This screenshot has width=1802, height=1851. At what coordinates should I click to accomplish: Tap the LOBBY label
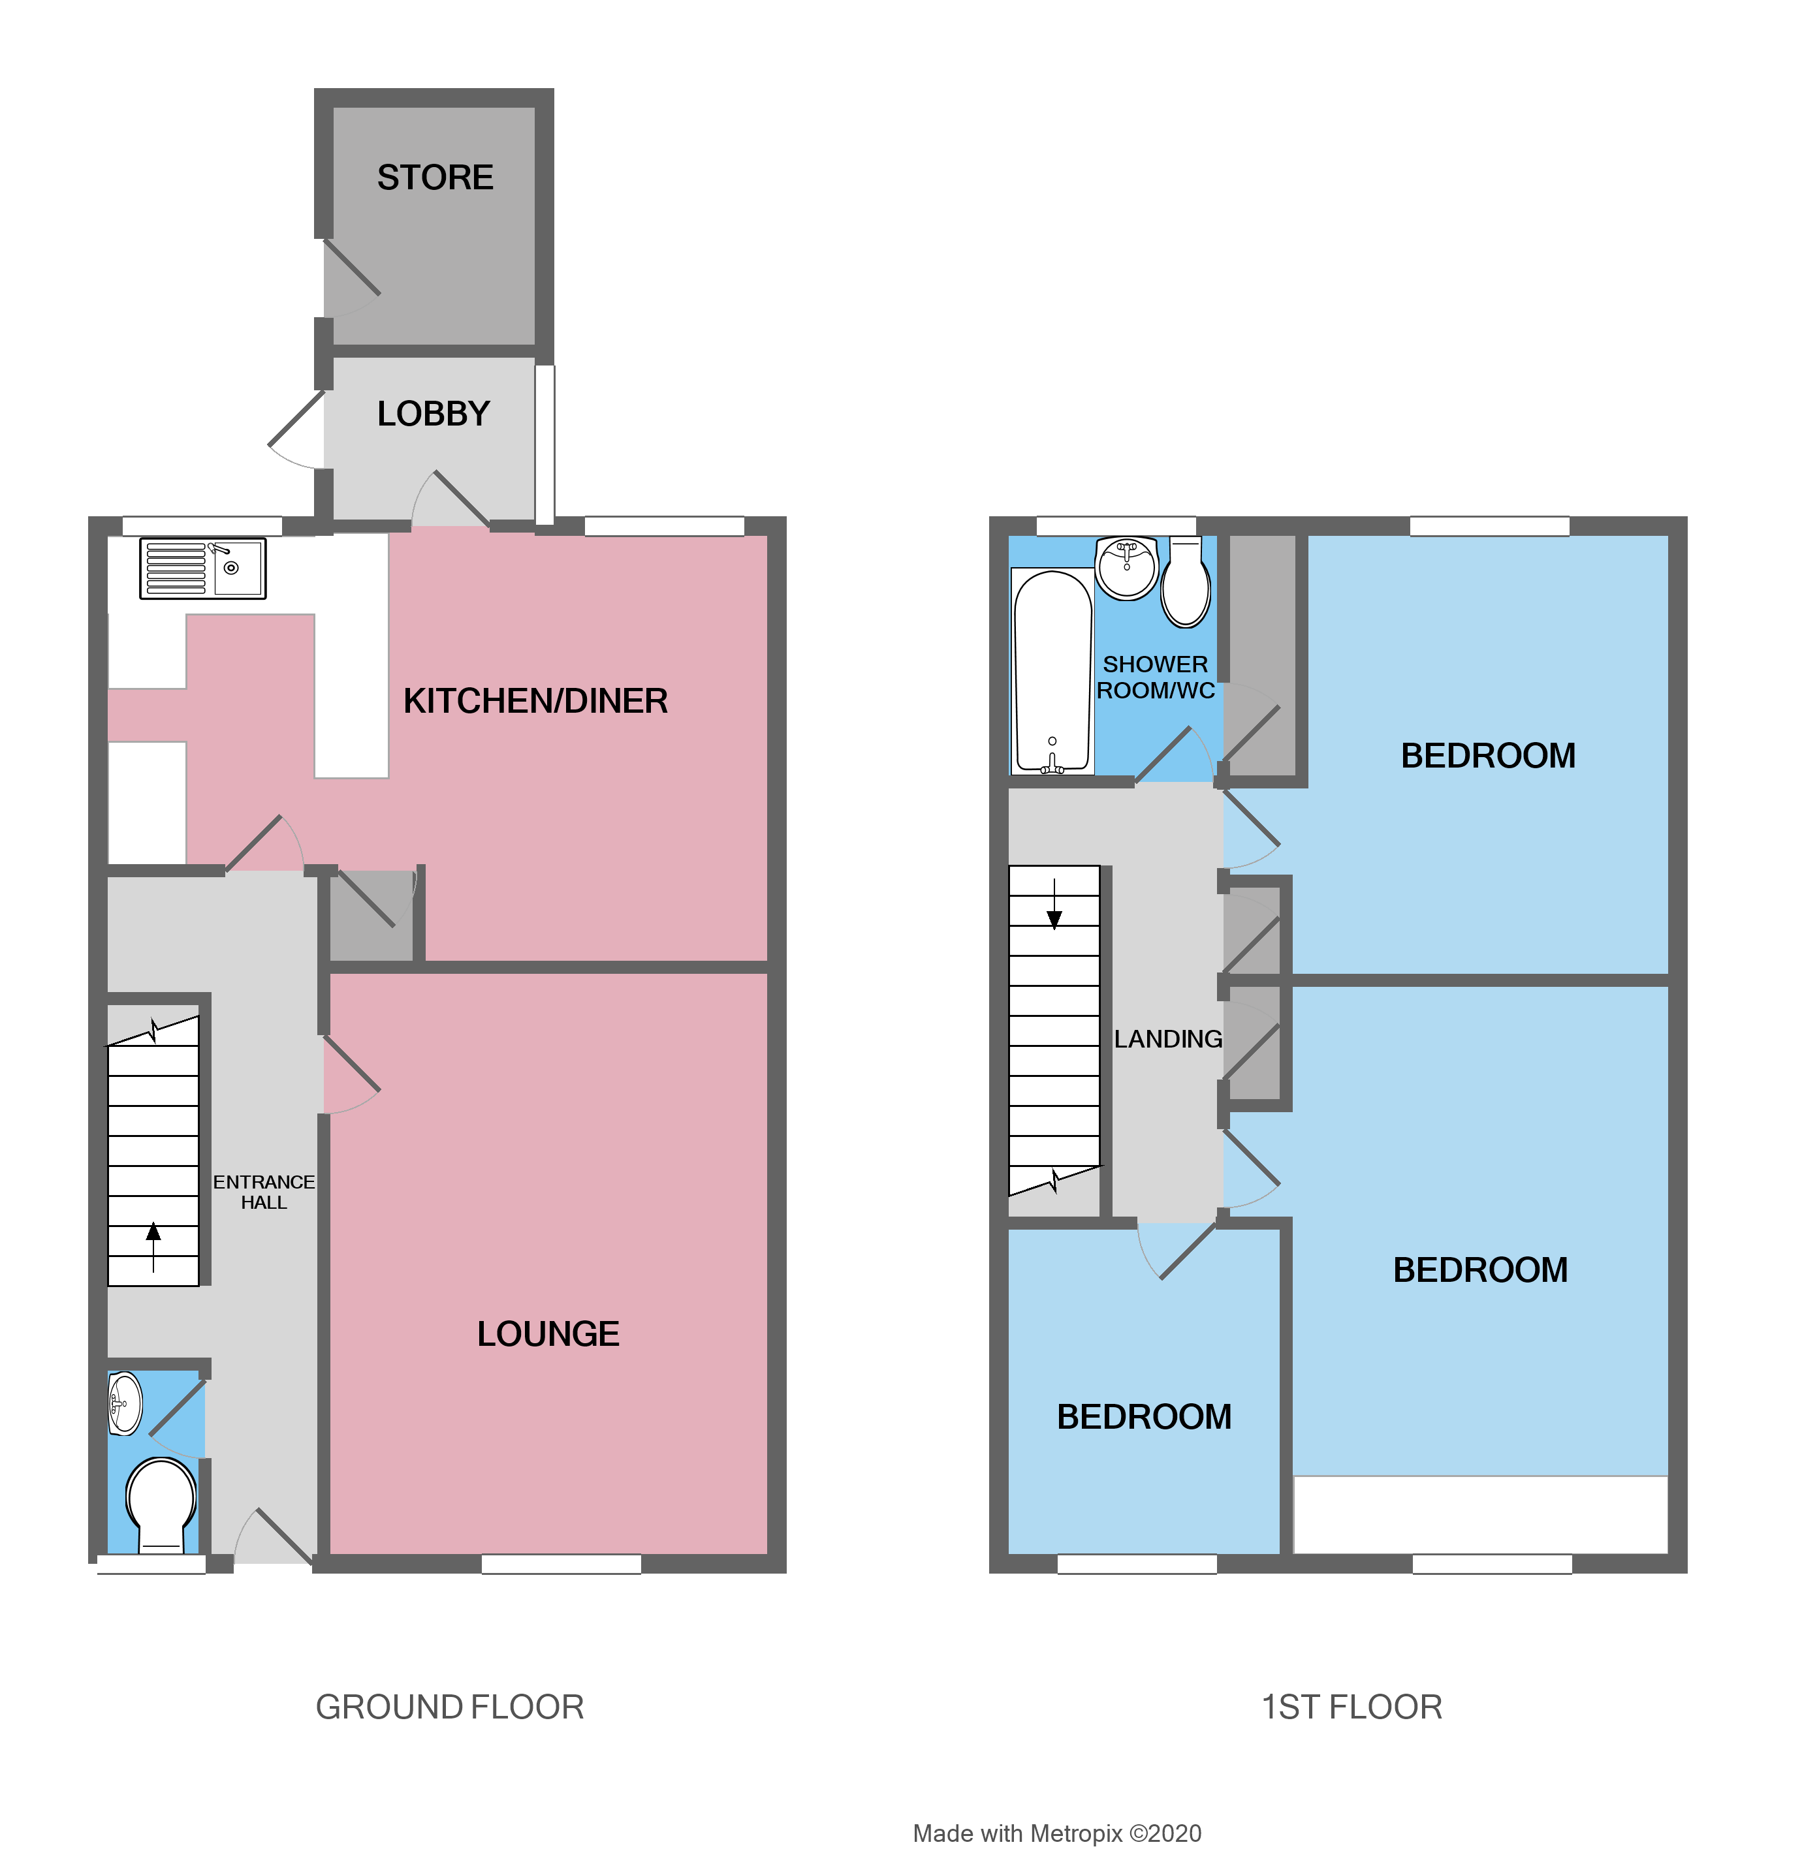click(x=434, y=414)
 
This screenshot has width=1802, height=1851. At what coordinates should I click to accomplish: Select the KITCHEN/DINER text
click(x=535, y=701)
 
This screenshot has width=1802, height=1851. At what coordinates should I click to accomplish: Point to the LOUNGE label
click(x=548, y=1334)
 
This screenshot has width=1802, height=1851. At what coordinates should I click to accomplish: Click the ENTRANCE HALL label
click(x=263, y=1192)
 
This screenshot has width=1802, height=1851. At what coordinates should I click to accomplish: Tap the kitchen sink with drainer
click(x=202, y=568)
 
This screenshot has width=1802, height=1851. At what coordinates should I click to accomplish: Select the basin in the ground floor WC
click(x=125, y=1405)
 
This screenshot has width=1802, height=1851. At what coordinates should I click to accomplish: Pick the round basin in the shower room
click(x=1126, y=568)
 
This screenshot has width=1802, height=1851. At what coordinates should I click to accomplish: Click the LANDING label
click(x=1168, y=1040)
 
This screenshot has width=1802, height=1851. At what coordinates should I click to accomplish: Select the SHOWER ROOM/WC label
click(x=1156, y=677)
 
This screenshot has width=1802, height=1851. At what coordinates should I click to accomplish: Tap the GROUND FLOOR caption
click(x=450, y=1708)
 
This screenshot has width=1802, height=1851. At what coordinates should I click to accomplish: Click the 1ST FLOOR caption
click(x=1351, y=1708)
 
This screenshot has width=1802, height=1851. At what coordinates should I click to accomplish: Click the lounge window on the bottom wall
click(x=561, y=1563)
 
